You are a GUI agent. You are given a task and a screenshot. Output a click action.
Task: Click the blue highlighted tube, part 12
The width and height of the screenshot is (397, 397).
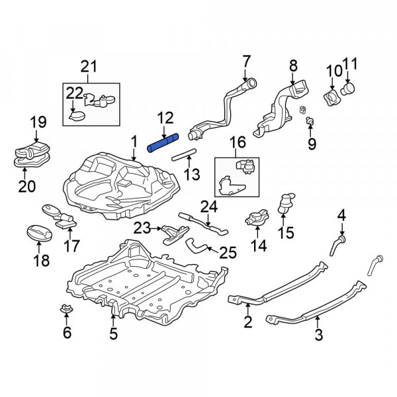pyautogui.click(x=163, y=144)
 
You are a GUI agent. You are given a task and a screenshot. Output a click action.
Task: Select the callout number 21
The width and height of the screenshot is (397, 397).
pyautogui.click(x=89, y=66)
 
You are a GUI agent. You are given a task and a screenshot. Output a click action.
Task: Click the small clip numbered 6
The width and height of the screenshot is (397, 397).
pyautogui.click(x=66, y=309)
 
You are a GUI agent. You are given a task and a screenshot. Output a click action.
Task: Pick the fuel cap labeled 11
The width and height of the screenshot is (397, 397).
pyautogui.click(x=348, y=89)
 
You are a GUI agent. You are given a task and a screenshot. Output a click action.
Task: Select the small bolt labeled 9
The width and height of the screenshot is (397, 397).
pyautogui.click(x=309, y=121)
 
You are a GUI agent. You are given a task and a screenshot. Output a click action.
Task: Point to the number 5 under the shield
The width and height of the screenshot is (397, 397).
pyautogui.click(x=113, y=334)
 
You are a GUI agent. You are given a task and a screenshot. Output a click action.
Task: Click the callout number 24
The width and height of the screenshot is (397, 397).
pyautogui.click(x=208, y=207)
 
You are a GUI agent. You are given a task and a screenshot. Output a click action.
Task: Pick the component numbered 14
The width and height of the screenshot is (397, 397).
pyautogui.click(x=257, y=218)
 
